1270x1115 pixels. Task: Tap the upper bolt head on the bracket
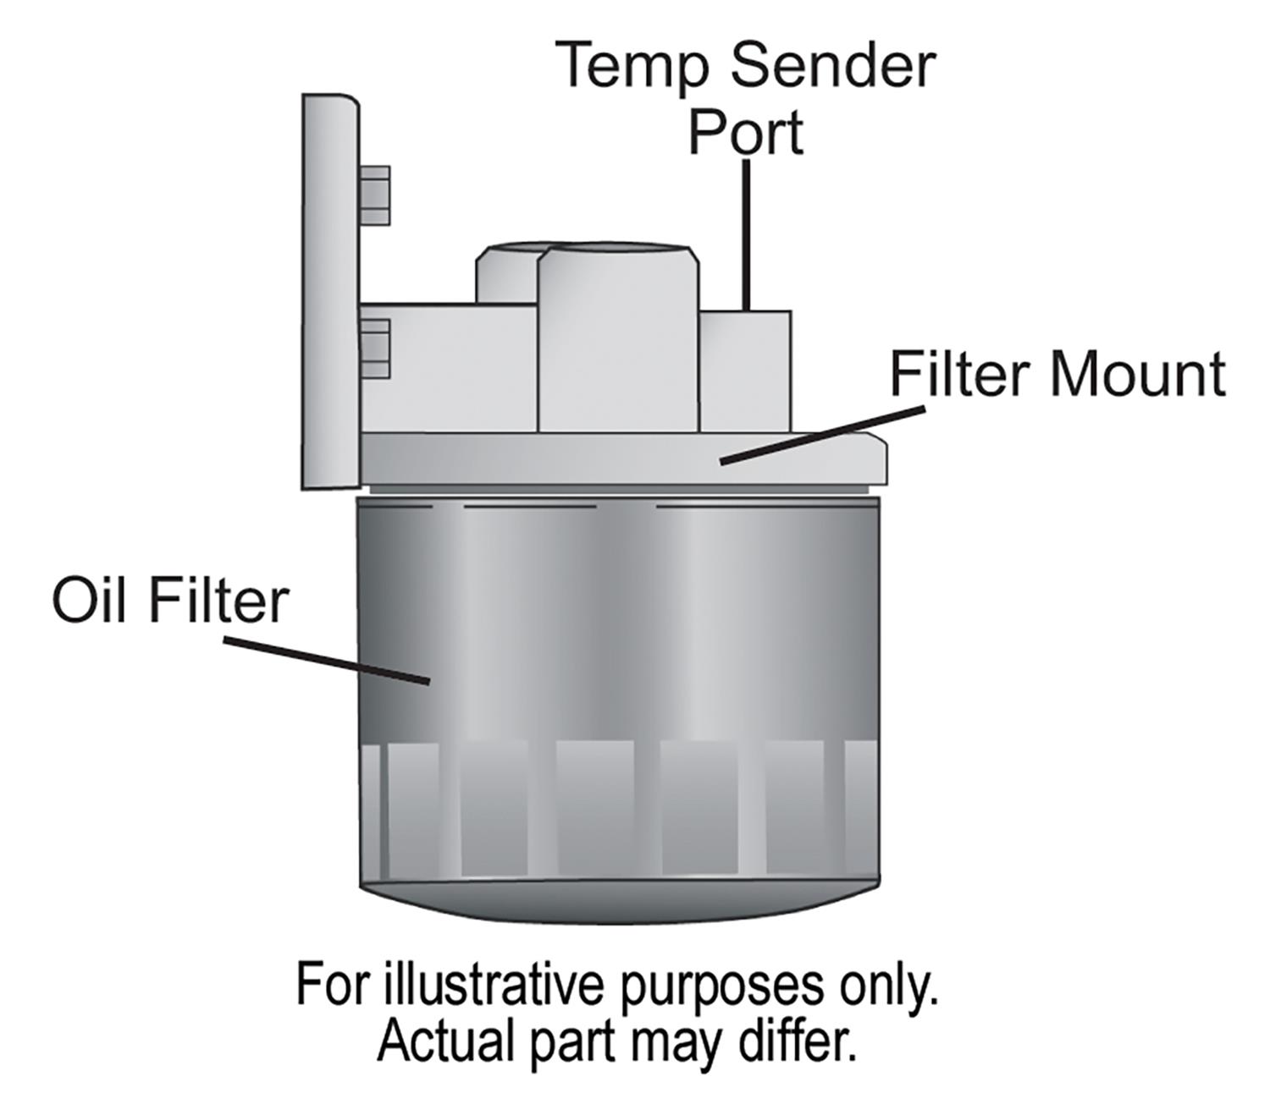point(374,195)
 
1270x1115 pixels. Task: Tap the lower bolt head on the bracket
point(375,349)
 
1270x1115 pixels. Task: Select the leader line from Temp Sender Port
point(746,233)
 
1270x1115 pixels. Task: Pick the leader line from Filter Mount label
point(821,435)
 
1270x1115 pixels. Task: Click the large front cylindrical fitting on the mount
point(618,338)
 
